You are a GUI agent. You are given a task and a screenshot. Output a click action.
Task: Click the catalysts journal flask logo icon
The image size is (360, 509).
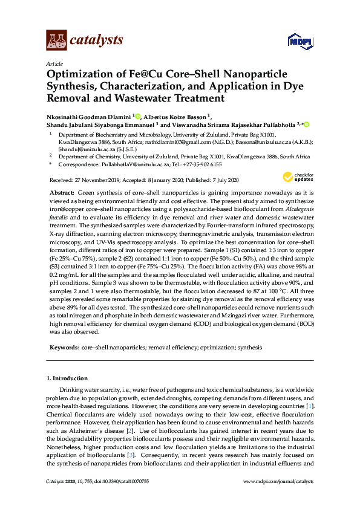56,41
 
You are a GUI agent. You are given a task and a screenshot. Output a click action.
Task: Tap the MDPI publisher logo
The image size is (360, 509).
300,42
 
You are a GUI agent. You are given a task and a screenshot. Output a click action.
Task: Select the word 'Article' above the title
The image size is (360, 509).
54,63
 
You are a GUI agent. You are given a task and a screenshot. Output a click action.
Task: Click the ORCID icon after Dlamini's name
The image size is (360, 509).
138,116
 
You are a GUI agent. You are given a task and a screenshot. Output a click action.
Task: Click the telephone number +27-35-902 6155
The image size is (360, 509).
200,164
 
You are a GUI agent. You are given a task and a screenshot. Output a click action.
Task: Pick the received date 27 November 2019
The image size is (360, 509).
100,180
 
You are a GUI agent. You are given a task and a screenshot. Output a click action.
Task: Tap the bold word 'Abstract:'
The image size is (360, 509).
62,191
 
